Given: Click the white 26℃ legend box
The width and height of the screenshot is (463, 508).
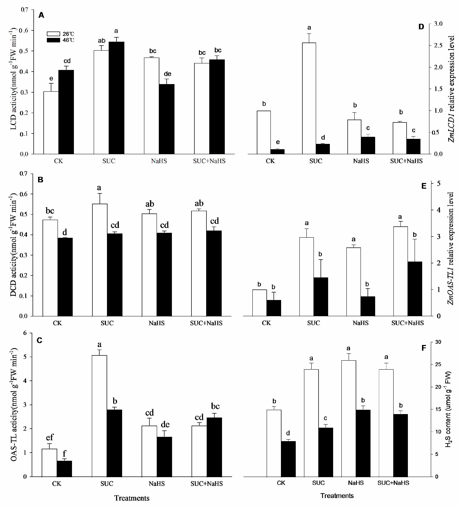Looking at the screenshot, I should pos(53,34).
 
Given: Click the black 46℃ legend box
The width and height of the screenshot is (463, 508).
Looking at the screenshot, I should pos(53,40).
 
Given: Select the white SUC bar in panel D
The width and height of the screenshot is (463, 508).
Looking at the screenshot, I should pos(309,98).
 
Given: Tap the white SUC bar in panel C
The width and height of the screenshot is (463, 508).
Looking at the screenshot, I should pos(99,416).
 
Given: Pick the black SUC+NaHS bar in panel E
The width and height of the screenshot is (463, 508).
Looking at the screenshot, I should pos(414,289).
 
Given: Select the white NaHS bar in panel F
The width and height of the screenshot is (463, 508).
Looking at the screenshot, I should pos(348,418).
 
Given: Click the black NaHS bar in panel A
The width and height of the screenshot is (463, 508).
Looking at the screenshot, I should pos(167,119).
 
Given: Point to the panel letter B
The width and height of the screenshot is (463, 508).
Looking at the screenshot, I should pos(40,180).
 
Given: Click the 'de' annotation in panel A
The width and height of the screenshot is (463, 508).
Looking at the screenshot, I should pos(168,74).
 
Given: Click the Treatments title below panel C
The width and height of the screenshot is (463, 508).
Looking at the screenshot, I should pos(132,498).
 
